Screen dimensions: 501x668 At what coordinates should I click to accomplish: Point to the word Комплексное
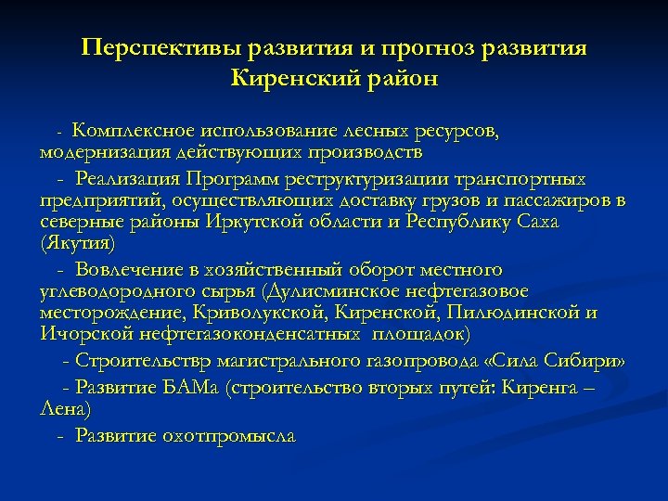click(136, 132)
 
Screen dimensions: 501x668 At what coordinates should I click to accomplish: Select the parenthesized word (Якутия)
click(79, 245)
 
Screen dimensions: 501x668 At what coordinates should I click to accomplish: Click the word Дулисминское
click(344, 291)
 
